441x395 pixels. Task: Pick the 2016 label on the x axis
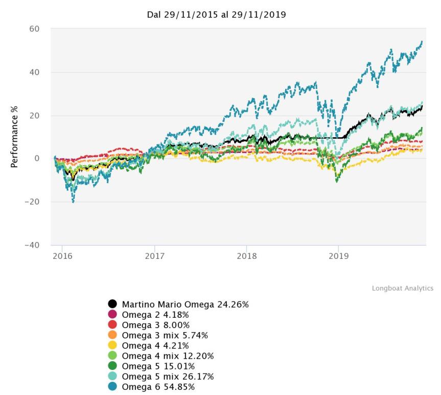(x=62, y=256)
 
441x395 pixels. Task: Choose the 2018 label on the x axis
(x=246, y=256)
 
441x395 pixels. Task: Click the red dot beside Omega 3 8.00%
(x=113, y=325)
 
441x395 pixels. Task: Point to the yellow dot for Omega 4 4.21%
(x=113, y=345)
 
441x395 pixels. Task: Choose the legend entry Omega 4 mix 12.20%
(x=168, y=356)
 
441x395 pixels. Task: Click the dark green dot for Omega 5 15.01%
(x=113, y=366)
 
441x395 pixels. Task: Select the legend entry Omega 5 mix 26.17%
(x=168, y=376)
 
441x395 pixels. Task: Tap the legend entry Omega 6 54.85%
(x=158, y=386)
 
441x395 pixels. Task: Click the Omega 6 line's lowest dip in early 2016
(x=73, y=202)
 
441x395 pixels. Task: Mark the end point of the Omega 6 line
(x=422, y=41)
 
